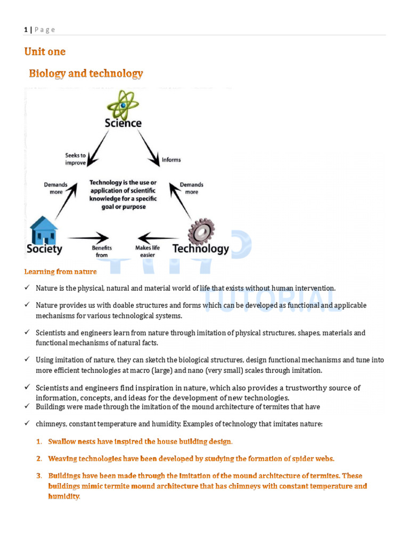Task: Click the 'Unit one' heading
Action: (x=45, y=52)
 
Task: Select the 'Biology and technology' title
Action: (x=86, y=74)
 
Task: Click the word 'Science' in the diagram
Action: (x=123, y=123)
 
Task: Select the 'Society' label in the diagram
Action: (x=44, y=248)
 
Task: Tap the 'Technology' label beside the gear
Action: (x=200, y=248)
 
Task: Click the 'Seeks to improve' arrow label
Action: (x=76, y=159)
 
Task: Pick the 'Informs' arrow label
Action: (x=171, y=159)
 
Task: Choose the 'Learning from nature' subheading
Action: (x=60, y=272)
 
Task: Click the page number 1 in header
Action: (x=26, y=30)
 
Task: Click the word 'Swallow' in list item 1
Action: (x=62, y=441)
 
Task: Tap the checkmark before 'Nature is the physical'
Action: (x=28, y=288)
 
